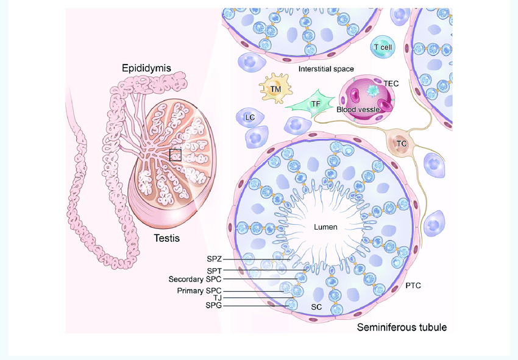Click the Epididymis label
pyautogui.click(x=146, y=67)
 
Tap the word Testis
pyautogui.click(x=166, y=238)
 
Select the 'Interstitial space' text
pyautogui.click(x=326, y=69)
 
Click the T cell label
pyautogui.click(x=383, y=47)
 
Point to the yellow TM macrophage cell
pyautogui.click(x=275, y=89)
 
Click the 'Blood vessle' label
pyautogui.click(x=358, y=110)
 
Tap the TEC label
pyautogui.click(x=391, y=83)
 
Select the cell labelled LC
pyautogui.click(x=249, y=116)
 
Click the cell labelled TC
pyautogui.click(x=402, y=144)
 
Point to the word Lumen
pyautogui.click(x=325, y=227)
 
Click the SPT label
pyautogui.click(x=214, y=270)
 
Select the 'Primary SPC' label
pyautogui.click(x=199, y=291)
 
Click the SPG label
pyautogui.click(x=214, y=306)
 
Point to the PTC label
pyautogui.click(x=413, y=285)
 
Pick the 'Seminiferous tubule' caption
pyautogui.click(x=401, y=327)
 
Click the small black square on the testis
pyautogui.click(x=175, y=155)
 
